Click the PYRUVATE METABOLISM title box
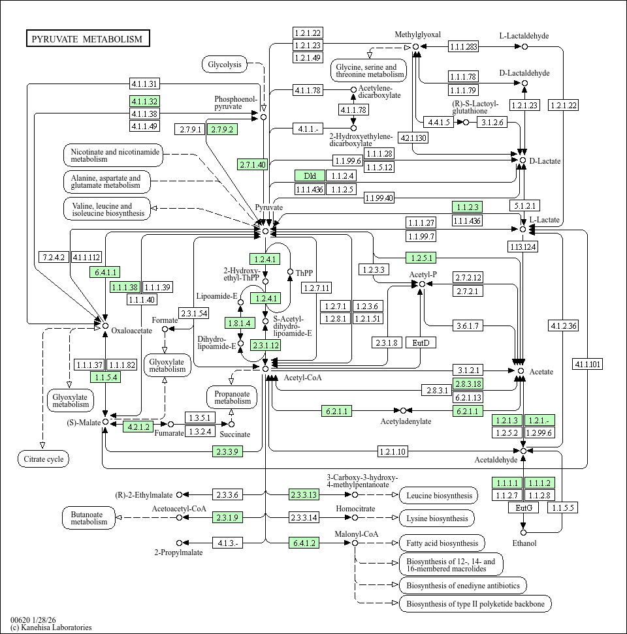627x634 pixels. (88, 39)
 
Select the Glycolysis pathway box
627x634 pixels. (225, 64)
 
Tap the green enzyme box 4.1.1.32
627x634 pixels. (144, 101)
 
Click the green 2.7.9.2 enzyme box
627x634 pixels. (221, 129)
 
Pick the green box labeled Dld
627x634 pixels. (310, 175)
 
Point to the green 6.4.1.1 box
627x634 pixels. (104, 272)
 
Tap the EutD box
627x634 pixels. (421, 342)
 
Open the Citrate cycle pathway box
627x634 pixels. (43, 459)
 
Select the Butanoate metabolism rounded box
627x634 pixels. (89, 518)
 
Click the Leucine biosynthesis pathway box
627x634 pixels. (438, 496)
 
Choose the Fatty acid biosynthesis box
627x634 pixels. (442, 543)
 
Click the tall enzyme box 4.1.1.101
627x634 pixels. (587, 364)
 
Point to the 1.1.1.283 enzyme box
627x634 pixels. (463, 46)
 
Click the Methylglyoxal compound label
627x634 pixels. (418, 35)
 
